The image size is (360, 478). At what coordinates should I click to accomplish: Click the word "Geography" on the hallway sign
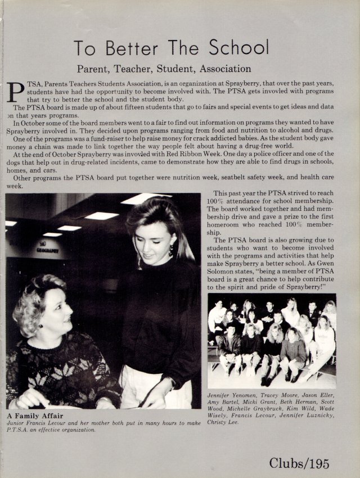point(47,250)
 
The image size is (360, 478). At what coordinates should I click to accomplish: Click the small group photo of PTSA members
point(272,341)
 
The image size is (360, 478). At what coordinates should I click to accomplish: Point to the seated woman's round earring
point(40,325)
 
